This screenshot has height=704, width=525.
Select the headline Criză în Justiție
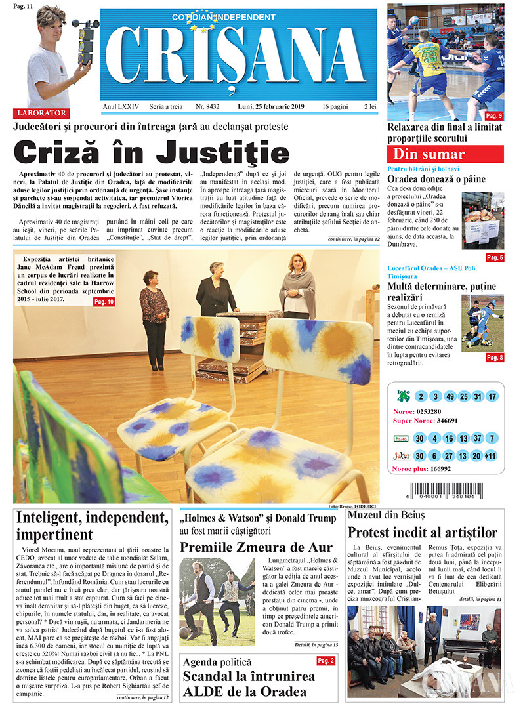pyautogui.click(x=152, y=153)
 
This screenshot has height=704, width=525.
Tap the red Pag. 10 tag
pyautogui.click(x=104, y=302)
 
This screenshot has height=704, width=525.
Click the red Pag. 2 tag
pyautogui.click(x=325, y=661)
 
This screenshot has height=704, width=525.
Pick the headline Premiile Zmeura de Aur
pyautogui.click(x=257, y=547)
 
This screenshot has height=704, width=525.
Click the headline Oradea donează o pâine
pyautogui.click(x=436, y=179)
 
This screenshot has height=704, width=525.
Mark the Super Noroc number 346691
pyautogui.click(x=444, y=421)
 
